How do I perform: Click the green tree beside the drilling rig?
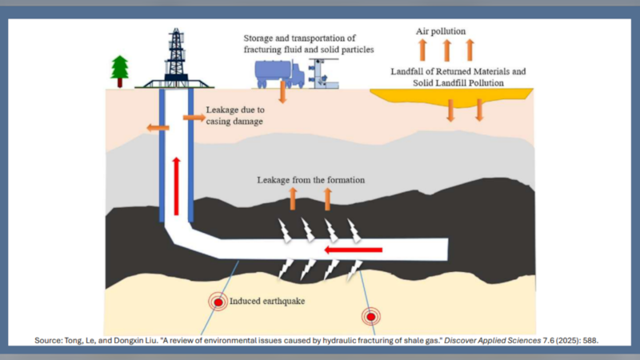pos(121,70)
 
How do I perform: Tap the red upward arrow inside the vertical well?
pos(175,182)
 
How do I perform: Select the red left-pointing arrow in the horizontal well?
pos(353,250)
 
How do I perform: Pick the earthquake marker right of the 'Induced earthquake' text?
pos(370,316)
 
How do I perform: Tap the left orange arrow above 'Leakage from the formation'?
pos(292,198)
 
